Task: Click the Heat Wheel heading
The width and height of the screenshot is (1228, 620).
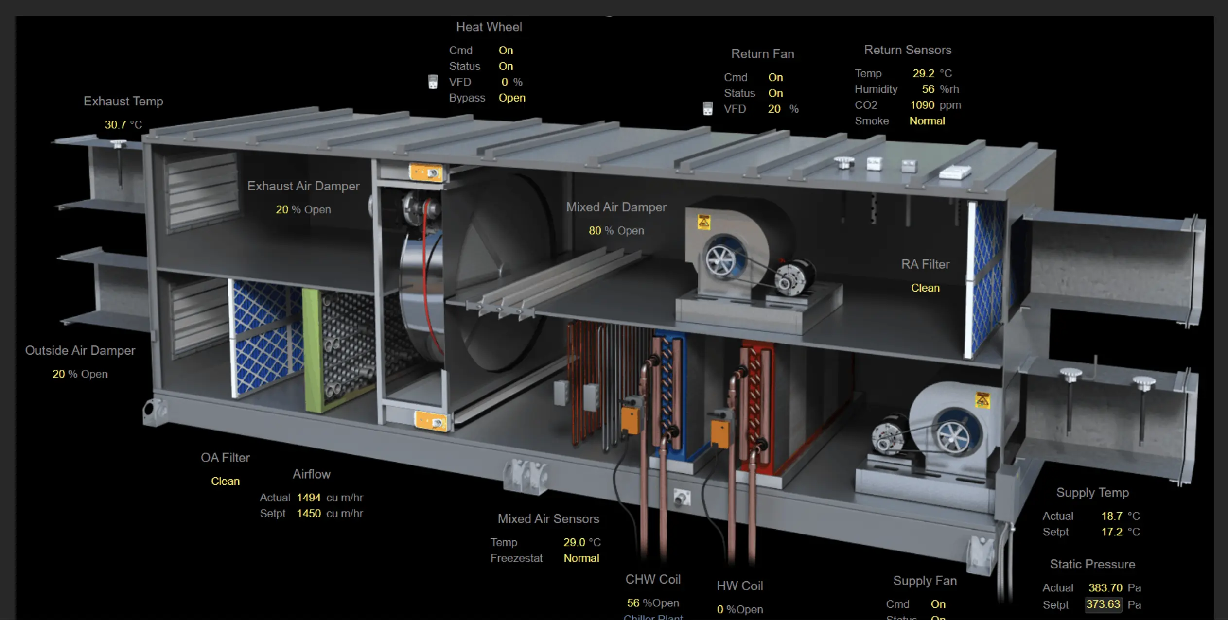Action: pos(489,27)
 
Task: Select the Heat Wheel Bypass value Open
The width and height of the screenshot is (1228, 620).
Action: pos(511,98)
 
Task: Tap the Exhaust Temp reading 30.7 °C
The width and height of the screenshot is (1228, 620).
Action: pos(123,125)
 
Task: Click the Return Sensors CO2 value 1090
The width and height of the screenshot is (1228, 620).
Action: pos(922,105)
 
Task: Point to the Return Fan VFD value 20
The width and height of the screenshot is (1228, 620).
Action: pos(774,109)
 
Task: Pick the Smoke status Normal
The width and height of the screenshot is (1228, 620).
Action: pos(927,121)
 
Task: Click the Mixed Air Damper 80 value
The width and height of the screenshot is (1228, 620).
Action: pos(595,231)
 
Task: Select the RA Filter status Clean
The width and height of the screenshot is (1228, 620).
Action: pos(925,288)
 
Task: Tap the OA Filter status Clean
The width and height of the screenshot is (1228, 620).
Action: pos(225,481)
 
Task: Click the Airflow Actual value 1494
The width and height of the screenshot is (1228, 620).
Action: pos(308,498)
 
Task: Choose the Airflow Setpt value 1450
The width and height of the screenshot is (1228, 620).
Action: pos(308,514)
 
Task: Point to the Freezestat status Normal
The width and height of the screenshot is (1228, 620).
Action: pos(581,558)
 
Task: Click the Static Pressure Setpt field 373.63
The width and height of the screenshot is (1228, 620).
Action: pos(1103,604)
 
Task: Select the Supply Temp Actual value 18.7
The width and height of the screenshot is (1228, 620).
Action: pos(1111,516)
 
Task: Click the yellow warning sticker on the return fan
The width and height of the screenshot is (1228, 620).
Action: pos(703,222)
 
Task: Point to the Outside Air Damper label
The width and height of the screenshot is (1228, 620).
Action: pos(80,351)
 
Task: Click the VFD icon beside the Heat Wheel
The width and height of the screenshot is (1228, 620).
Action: pos(432,82)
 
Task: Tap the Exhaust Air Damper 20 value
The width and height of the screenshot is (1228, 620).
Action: pos(281,210)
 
